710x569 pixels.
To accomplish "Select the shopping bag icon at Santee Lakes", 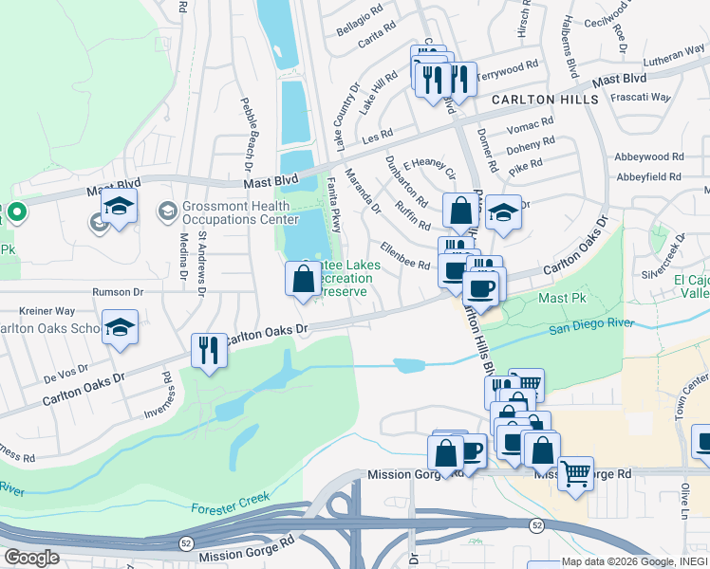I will [303, 280].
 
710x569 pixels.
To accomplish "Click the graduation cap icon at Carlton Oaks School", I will [120, 327].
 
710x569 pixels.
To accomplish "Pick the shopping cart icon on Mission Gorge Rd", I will [575, 473].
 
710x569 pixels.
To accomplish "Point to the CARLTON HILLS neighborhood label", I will [545, 100].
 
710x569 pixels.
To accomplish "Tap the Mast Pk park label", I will [564, 298].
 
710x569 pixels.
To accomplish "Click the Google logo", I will [31, 558].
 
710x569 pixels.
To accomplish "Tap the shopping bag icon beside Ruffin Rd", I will [460, 212].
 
